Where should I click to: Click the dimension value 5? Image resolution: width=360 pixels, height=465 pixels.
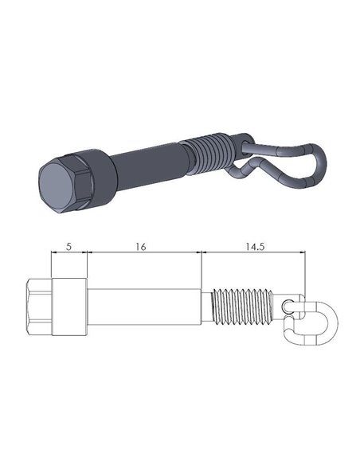click(68, 248)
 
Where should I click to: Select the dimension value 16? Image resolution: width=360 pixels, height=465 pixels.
click(140, 248)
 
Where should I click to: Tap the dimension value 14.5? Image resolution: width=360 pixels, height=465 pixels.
click(255, 248)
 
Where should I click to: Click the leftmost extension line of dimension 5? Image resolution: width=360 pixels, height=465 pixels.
click(51, 267)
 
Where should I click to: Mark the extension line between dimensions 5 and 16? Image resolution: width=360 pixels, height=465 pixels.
click(86, 267)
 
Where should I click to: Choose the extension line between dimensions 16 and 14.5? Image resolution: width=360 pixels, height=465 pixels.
click(201, 267)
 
